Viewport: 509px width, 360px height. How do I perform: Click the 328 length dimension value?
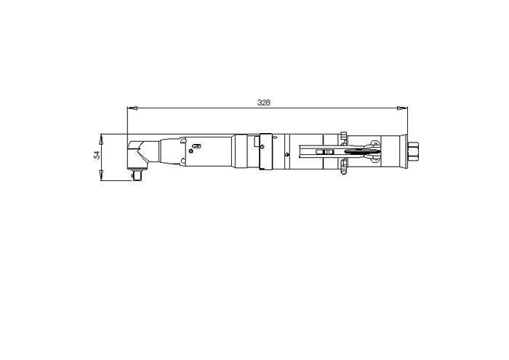(x=263, y=103)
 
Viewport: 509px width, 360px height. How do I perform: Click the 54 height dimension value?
(x=97, y=155)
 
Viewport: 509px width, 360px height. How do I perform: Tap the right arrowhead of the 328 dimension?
(x=402, y=108)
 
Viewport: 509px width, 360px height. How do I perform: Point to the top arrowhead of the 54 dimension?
(x=101, y=139)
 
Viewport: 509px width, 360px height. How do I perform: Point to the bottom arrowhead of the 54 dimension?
(x=101, y=175)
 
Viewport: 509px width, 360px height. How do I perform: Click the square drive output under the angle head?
(x=139, y=175)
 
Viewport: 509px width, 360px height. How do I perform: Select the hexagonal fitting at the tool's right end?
(x=413, y=152)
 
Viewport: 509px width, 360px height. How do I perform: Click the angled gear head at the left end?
(x=139, y=154)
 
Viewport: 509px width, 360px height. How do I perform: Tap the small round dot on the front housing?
(x=191, y=151)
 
